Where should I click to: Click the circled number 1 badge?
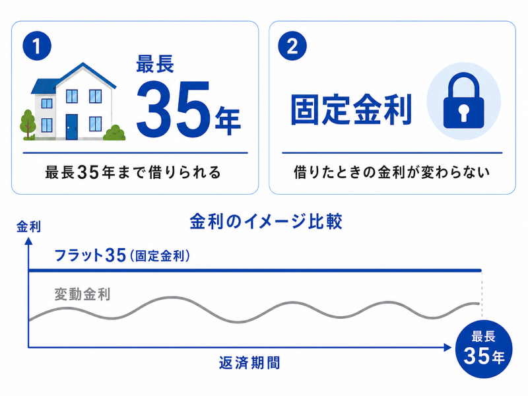(37, 46)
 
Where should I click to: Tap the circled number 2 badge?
(292, 46)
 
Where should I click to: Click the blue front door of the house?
(71, 127)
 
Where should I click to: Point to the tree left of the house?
(28, 125)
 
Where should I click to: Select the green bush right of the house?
(114, 133)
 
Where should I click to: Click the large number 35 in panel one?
(173, 107)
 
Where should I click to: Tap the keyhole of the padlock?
(464, 113)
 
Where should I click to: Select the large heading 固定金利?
(351, 110)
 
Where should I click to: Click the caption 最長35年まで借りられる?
(133, 172)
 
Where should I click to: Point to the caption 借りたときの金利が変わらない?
(391, 172)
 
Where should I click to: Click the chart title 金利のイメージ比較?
(266, 221)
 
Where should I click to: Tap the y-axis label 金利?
(28, 226)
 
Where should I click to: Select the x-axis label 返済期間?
(249, 363)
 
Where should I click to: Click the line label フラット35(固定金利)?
(122, 255)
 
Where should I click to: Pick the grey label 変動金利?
(82, 294)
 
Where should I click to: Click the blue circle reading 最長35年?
(484, 348)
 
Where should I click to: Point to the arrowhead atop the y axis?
(28, 241)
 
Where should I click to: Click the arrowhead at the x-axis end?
(447, 348)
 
